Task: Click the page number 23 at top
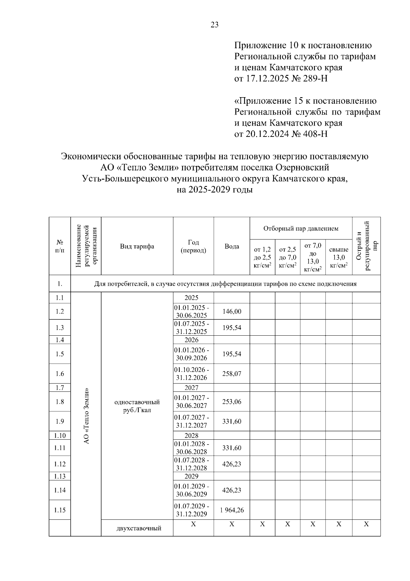point(215,25)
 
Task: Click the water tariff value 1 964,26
point(232,510)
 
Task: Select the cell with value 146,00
point(232,311)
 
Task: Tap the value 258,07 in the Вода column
point(232,374)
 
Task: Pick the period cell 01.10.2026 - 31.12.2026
point(193,374)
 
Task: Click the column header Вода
point(232,246)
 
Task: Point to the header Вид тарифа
point(137,246)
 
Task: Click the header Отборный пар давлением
point(301,228)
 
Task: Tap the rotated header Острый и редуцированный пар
point(366,246)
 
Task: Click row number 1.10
point(60,436)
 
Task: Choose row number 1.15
point(60,510)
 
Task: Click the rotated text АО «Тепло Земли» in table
point(86,416)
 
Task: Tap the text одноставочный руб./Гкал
point(137,406)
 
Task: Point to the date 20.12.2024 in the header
point(267,134)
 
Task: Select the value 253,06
point(232,402)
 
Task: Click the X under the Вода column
point(232,524)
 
